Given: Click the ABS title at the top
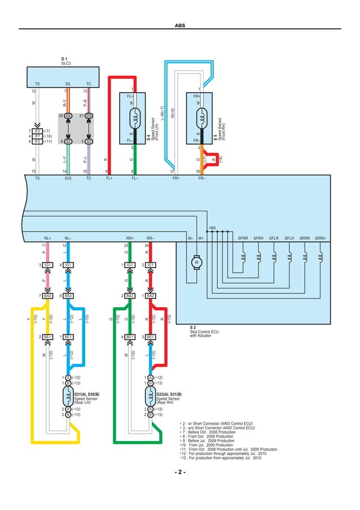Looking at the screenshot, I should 180,25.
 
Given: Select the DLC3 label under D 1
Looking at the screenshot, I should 67,63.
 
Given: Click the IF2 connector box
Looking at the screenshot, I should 37,131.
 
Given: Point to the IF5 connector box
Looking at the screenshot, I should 37,141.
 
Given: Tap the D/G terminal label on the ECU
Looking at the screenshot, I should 68,178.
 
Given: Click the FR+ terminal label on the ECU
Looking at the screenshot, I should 176,178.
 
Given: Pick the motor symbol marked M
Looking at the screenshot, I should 197,261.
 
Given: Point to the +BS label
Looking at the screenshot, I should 212,228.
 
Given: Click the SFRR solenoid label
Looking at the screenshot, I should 243,238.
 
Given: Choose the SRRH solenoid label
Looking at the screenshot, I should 320,238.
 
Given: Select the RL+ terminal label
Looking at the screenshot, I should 47,238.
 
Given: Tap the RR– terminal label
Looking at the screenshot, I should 151,238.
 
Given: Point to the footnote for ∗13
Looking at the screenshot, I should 220,457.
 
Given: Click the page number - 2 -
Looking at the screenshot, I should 180,472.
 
